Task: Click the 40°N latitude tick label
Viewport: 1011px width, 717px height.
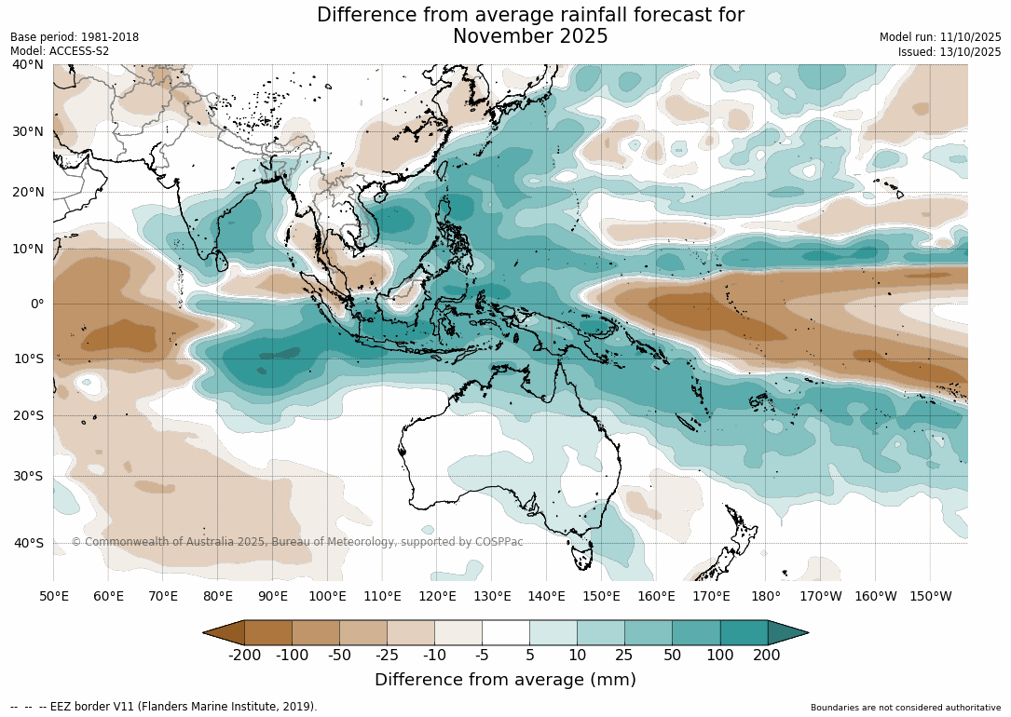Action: (27, 64)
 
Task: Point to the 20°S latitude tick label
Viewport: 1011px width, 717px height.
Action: (27, 415)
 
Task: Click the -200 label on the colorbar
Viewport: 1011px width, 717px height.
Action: (246, 655)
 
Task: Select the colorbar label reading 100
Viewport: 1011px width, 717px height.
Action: (720, 655)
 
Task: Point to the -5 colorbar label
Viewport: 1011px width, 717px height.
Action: (482, 655)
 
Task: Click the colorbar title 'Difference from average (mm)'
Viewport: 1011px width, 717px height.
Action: (505, 680)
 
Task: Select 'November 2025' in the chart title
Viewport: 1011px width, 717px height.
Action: (530, 36)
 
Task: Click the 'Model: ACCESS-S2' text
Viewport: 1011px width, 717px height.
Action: (60, 51)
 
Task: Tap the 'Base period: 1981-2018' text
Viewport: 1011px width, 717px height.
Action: (75, 37)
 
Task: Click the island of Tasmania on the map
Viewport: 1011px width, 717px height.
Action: (581, 557)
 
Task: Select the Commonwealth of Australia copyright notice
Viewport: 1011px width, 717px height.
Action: (297, 542)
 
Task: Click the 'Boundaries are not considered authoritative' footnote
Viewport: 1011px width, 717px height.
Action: (905, 708)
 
